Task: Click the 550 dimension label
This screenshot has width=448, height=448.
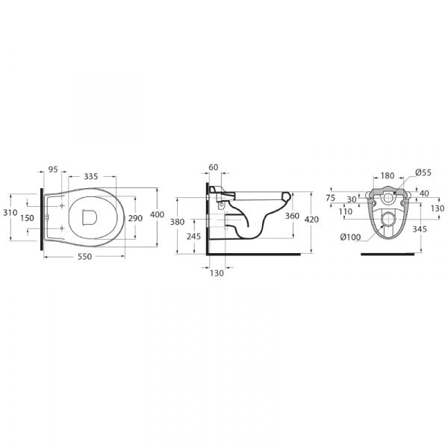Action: click(85, 257)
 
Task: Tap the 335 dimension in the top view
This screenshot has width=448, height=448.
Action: click(91, 176)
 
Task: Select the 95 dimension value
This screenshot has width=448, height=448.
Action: click(53, 169)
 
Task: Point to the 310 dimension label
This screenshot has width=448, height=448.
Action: click(10, 213)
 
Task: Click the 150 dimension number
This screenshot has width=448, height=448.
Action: click(27, 218)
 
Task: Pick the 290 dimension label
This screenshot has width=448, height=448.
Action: click(135, 218)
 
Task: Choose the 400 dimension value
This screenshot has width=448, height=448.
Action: click(157, 214)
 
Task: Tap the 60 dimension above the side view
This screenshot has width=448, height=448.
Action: click(214, 167)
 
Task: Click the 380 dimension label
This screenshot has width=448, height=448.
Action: click(177, 222)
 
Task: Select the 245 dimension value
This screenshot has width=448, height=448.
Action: click(193, 236)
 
